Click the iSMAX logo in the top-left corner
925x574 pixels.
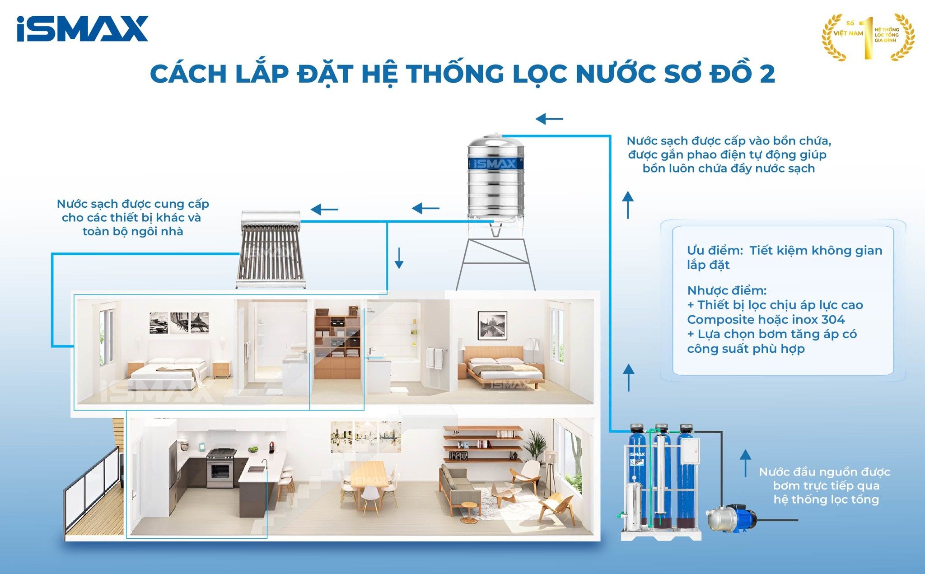point(82,29)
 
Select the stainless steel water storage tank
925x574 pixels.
point(495,181)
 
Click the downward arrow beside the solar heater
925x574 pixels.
point(399,258)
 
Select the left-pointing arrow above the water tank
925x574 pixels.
point(549,119)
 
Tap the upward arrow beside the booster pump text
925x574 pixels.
point(745,463)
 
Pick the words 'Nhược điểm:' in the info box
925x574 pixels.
point(727,290)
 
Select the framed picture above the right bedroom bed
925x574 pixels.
point(492,325)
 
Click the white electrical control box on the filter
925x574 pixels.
point(689,452)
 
